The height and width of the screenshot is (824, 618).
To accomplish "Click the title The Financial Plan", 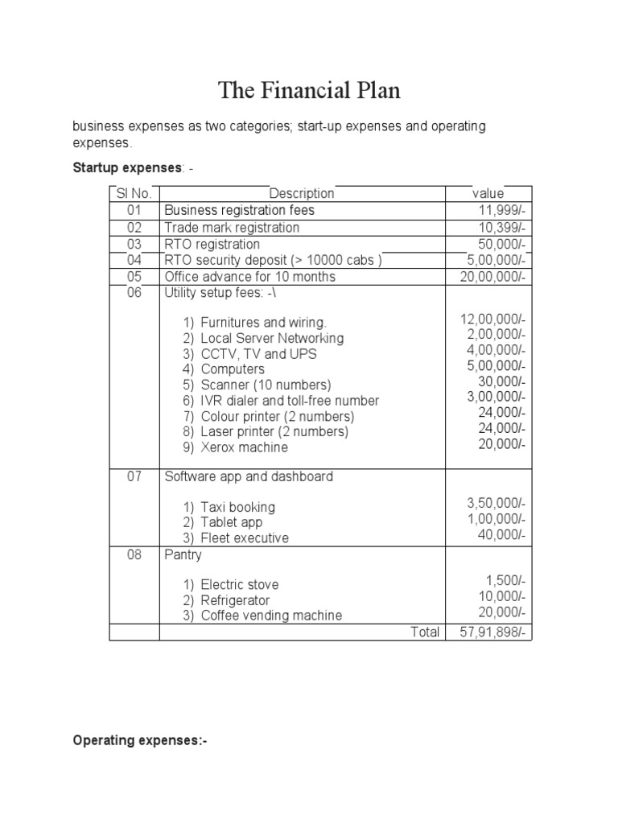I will click(309, 91).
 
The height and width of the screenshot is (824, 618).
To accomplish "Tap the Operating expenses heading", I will click(140, 740).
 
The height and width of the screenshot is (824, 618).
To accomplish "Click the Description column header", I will click(302, 193).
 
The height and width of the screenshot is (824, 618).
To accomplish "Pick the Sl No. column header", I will click(134, 193).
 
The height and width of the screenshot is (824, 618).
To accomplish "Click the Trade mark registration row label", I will click(232, 228).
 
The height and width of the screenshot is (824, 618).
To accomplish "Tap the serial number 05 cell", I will click(134, 276).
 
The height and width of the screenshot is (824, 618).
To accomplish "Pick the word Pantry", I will click(183, 555).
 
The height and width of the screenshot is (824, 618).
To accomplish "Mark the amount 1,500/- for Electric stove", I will click(505, 581).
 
